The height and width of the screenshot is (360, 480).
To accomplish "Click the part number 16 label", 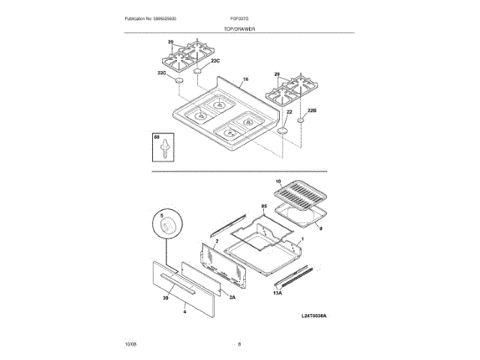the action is [x=245, y=79].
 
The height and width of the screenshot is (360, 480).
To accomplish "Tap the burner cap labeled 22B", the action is [x=301, y=119].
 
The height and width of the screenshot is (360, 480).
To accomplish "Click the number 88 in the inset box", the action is [x=157, y=136].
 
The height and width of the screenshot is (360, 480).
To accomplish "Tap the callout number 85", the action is [x=264, y=206].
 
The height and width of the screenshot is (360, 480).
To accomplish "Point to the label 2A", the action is [x=232, y=298].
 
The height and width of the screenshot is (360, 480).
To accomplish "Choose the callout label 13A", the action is [x=277, y=292].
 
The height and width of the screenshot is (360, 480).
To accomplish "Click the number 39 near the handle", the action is [x=166, y=297].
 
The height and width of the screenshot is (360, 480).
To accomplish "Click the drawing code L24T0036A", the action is [x=313, y=316].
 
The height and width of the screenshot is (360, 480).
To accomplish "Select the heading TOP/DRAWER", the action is [x=239, y=28].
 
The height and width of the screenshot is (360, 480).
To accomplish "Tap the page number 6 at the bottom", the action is [x=239, y=343].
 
